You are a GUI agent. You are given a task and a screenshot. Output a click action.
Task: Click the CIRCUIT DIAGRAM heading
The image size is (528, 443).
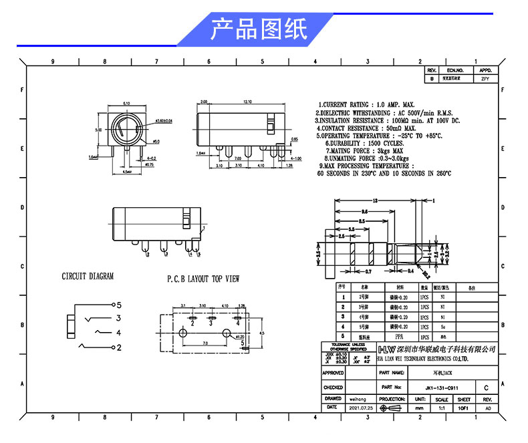[88, 276]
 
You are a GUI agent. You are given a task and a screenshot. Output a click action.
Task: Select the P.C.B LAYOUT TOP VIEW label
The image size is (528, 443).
[203, 279]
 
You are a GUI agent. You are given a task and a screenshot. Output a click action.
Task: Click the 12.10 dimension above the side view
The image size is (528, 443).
[247, 102]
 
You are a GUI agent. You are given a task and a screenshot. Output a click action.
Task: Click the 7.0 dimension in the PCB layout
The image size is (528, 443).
[205, 343]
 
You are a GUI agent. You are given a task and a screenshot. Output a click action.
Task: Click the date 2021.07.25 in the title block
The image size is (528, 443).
[362, 407]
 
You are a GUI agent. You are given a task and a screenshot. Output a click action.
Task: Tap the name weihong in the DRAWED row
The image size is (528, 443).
[358, 398]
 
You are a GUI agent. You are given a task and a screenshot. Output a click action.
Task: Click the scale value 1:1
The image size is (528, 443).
[441, 407]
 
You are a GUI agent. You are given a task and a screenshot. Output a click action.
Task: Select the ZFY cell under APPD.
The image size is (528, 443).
[485, 78]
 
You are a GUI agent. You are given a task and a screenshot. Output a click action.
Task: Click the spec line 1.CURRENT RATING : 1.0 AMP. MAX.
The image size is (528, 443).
[366, 106]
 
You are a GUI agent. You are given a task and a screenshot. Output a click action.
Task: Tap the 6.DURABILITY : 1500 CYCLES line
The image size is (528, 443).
[364, 143]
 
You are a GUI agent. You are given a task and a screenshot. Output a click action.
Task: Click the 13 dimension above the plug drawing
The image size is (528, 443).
[376, 200]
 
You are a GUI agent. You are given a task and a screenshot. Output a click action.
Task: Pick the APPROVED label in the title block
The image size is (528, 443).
[333, 373]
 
